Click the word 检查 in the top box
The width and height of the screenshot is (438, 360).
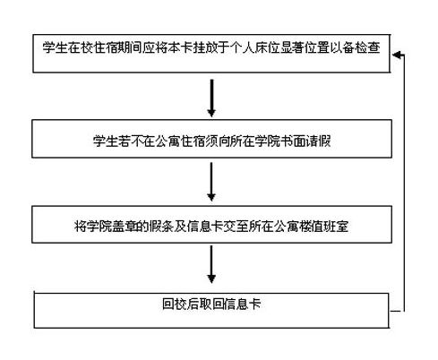367,47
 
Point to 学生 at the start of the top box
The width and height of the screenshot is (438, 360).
55,47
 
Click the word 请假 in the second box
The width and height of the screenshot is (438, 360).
318,141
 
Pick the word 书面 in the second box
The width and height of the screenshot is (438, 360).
293,141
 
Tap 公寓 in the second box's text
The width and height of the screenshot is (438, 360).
167,141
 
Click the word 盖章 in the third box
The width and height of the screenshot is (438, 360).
125,226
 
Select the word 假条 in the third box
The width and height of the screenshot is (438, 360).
162,226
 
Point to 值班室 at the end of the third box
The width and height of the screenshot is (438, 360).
330,226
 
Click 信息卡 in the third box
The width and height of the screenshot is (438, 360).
205,226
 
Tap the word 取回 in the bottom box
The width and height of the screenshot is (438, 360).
211,304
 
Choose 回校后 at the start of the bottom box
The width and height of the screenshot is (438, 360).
181,304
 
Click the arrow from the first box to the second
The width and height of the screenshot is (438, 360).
211,98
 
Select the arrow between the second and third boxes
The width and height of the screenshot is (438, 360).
211,182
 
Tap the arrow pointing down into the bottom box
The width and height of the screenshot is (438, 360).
211,264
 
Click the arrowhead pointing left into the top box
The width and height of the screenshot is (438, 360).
397,55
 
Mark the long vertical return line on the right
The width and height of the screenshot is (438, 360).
404,183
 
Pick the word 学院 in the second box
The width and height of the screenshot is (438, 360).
268,141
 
